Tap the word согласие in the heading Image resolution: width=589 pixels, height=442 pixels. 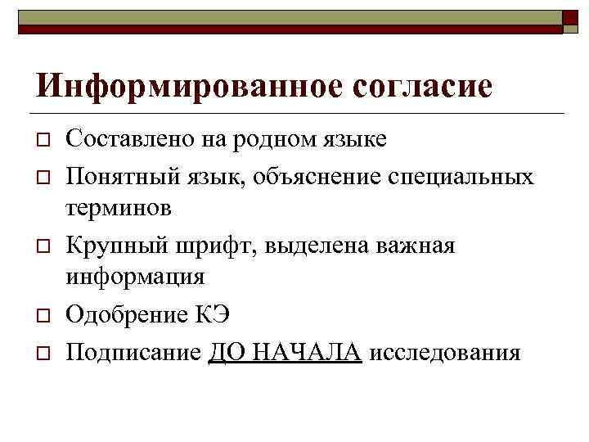[424, 85]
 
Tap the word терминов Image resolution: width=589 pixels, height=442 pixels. [119, 208]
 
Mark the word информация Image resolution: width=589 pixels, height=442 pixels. [135, 277]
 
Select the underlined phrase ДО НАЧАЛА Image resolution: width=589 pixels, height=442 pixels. [285, 352]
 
